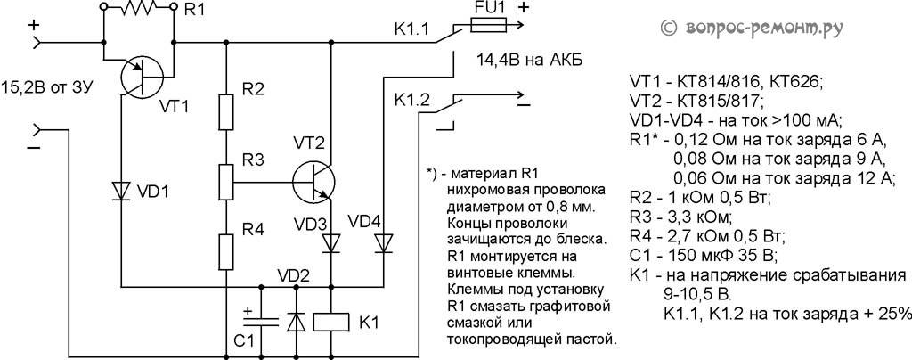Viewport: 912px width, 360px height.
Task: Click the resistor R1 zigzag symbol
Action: pos(138,9)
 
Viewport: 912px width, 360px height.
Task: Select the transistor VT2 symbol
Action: pos(313,178)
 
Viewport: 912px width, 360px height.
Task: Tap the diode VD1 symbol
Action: pos(121,192)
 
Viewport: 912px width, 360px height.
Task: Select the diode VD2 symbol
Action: pos(295,321)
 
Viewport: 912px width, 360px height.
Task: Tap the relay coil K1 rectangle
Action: pos(330,320)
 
